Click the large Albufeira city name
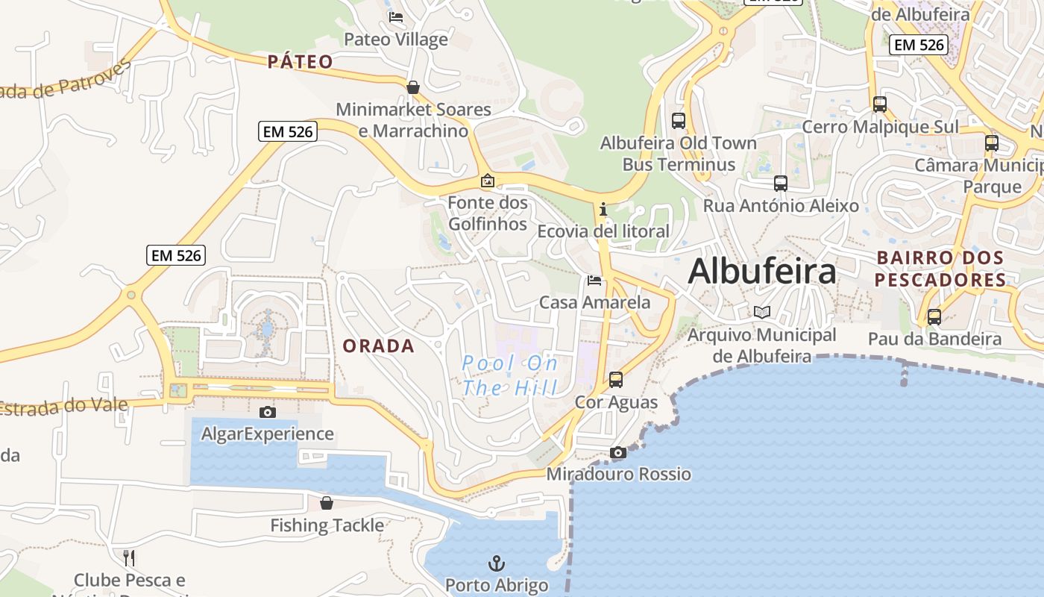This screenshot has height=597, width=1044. pos(761,272)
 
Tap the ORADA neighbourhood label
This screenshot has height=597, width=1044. pos(378,346)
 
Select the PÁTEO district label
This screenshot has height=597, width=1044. pos(300,61)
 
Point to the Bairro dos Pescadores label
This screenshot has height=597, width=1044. pos(940,269)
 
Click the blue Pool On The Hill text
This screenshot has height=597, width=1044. pos(509,375)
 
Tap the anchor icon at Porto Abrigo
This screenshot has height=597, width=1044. pos(496,563)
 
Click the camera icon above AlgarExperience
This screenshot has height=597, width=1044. pos(267,412)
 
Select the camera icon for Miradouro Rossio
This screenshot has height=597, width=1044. pos(617,452)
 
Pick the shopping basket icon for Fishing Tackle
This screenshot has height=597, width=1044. pos(326,503)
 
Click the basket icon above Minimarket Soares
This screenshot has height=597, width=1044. pos(412,87)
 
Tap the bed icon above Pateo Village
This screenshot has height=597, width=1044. pos(395,16)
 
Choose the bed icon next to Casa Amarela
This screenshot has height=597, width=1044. pos(594,281)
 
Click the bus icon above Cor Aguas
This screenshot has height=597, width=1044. pos(616,380)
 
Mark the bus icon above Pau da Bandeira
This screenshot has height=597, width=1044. pos(934,316)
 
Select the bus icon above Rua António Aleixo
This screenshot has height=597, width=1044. pos(781,183)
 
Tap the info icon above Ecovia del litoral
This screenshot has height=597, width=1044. pos(603,210)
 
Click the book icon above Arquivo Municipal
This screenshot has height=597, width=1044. pos(761,313)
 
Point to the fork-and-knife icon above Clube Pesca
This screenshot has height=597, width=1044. pos(129,557)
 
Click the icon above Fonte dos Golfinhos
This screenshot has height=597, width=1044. pos(487,181)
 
